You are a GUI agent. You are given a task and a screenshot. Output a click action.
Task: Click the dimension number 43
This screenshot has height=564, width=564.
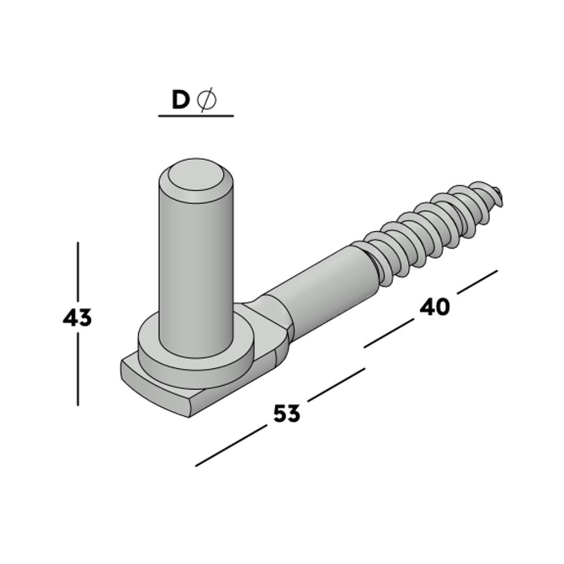click(77, 319)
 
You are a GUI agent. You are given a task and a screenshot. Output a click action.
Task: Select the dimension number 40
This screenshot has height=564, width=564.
click(435, 307)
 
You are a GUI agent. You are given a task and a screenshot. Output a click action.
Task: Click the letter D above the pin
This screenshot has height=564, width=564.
click(180, 100)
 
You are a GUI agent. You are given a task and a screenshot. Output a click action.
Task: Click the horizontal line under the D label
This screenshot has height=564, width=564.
click(196, 116)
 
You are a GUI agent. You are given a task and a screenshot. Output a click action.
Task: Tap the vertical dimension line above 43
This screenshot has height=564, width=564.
click(78, 271)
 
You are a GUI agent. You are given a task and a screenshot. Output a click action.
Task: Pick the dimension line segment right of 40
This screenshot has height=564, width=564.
click(477, 281)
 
